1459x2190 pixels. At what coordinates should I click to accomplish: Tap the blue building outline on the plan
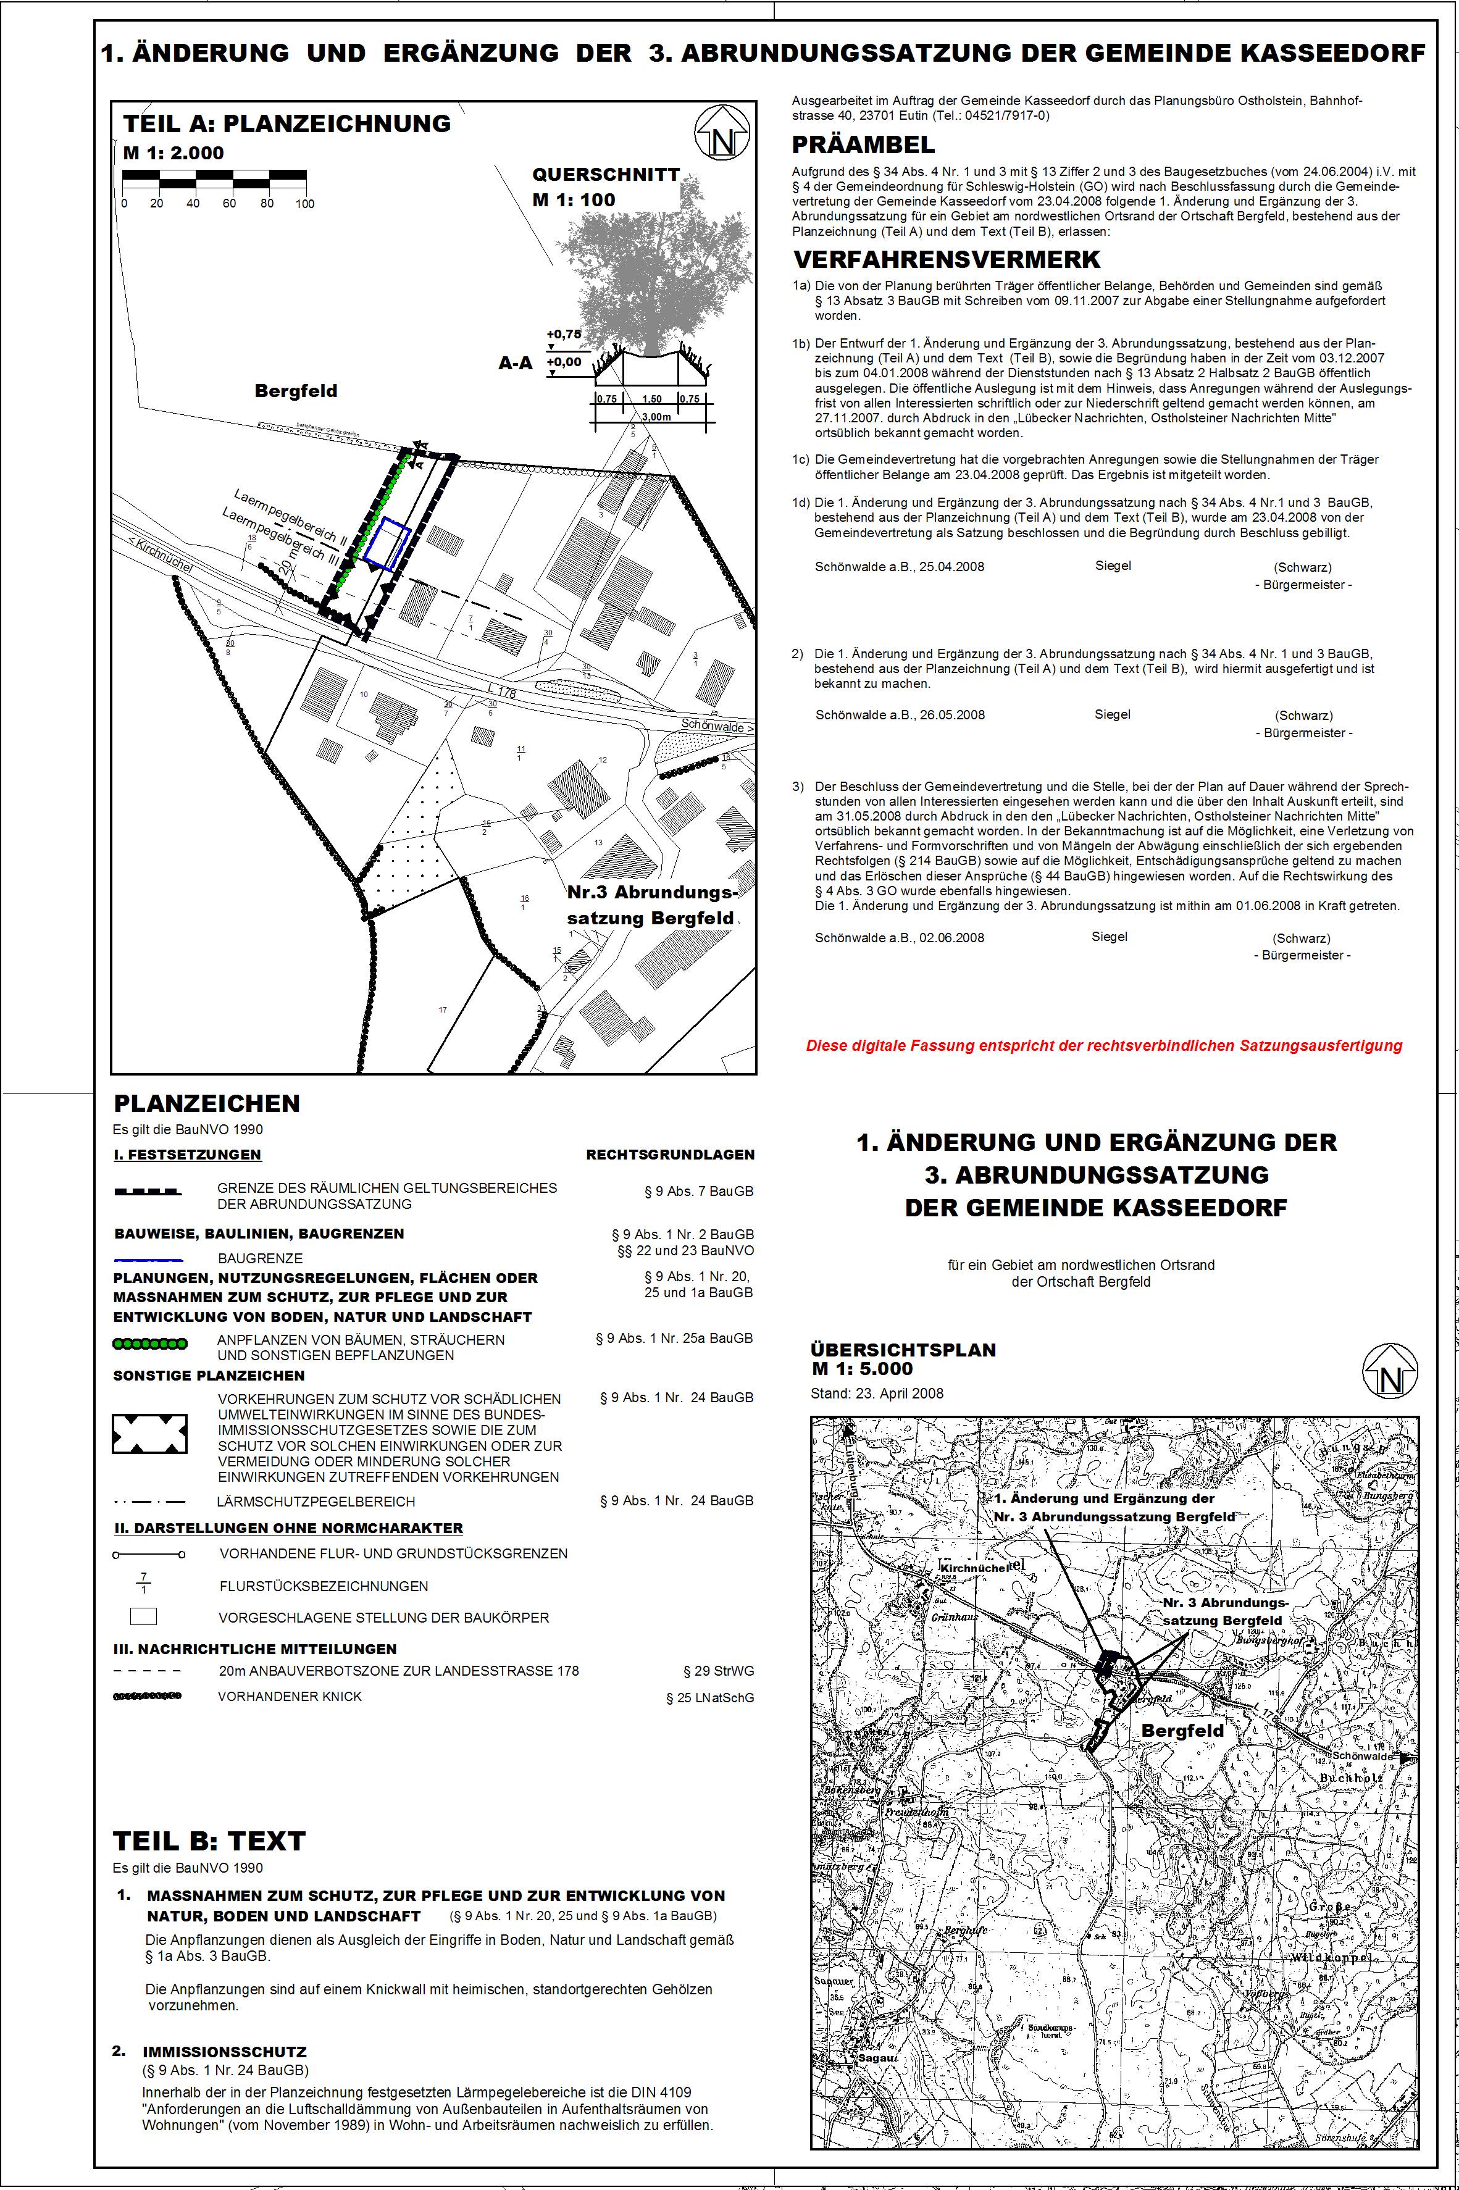tap(387, 544)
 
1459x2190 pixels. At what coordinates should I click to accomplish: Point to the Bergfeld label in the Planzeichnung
tap(296, 391)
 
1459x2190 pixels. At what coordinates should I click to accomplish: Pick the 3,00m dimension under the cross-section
tap(655, 417)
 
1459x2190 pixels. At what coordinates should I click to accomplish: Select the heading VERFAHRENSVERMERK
tap(947, 259)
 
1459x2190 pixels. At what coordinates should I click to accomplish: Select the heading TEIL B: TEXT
tap(209, 1841)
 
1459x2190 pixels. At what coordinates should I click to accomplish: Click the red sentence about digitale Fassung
tap(1103, 1046)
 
